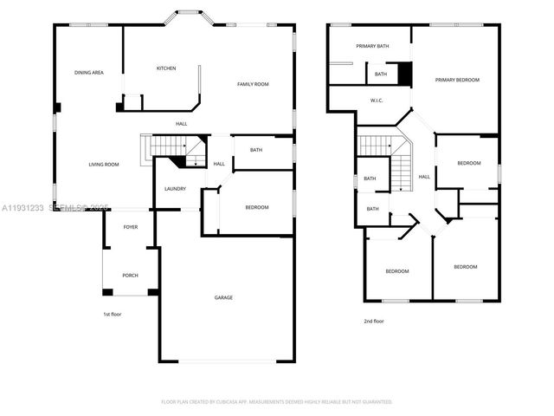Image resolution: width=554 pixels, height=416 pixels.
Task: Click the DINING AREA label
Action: click(89, 73)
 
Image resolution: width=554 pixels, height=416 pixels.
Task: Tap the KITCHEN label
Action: click(166, 68)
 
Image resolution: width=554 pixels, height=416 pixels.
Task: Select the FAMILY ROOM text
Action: click(254, 84)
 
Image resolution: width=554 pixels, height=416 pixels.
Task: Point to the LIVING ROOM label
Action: click(104, 164)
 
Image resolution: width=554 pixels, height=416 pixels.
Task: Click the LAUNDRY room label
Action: click(176, 188)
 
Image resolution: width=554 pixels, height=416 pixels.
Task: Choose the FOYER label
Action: click(130, 227)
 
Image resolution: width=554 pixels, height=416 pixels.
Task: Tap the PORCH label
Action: click(130, 276)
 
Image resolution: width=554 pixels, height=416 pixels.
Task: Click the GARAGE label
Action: click(223, 297)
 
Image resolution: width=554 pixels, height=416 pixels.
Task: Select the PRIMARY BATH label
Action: click(370, 45)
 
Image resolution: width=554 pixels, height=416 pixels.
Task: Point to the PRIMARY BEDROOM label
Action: click(457, 80)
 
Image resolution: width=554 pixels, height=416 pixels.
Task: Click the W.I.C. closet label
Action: click(377, 101)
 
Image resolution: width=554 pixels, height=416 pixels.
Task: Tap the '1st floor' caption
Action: click(112, 314)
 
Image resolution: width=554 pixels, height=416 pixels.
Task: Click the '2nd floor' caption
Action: click(374, 321)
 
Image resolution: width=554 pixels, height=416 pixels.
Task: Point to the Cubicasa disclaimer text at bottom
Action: click(277, 401)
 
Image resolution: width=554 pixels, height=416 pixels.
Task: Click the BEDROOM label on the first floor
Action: click(256, 207)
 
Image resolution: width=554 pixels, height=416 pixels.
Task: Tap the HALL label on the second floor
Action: click(424, 177)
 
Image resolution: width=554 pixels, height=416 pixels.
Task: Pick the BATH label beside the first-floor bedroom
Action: click(256, 150)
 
